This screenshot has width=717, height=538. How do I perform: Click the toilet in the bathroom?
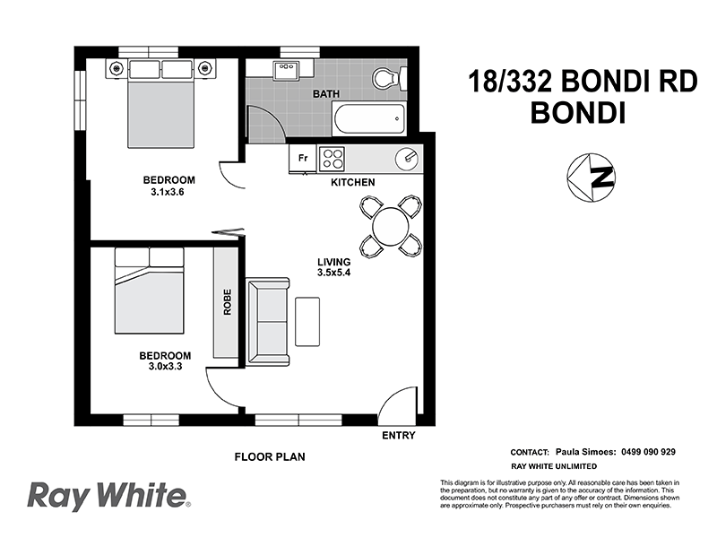(x=389, y=80)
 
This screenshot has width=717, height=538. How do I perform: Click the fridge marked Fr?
(x=303, y=159)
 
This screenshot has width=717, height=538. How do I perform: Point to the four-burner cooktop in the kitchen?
(x=333, y=159)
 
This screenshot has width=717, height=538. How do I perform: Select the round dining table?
(x=391, y=225)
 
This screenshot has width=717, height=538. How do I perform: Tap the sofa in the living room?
(x=268, y=321)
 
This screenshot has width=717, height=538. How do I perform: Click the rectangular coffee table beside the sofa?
(x=307, y=321)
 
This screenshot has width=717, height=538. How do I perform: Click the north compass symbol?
(x=592, y=177)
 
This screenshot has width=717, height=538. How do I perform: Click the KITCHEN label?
(x=352, y=182)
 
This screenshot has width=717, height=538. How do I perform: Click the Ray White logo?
(x=108, y=495)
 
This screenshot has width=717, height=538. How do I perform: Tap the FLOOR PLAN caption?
(x=270, y=456)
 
